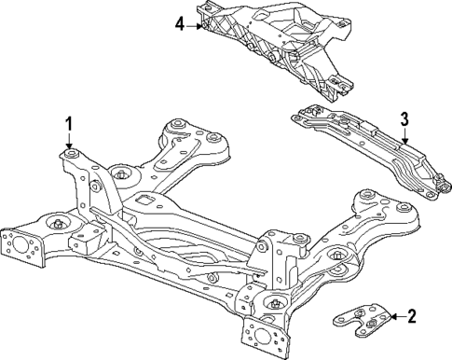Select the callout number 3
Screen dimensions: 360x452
[404, 118]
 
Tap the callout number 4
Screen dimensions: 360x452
[179, 25]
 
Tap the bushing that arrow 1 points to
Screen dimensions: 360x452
[70, 152]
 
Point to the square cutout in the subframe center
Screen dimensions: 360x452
[144, 201]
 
